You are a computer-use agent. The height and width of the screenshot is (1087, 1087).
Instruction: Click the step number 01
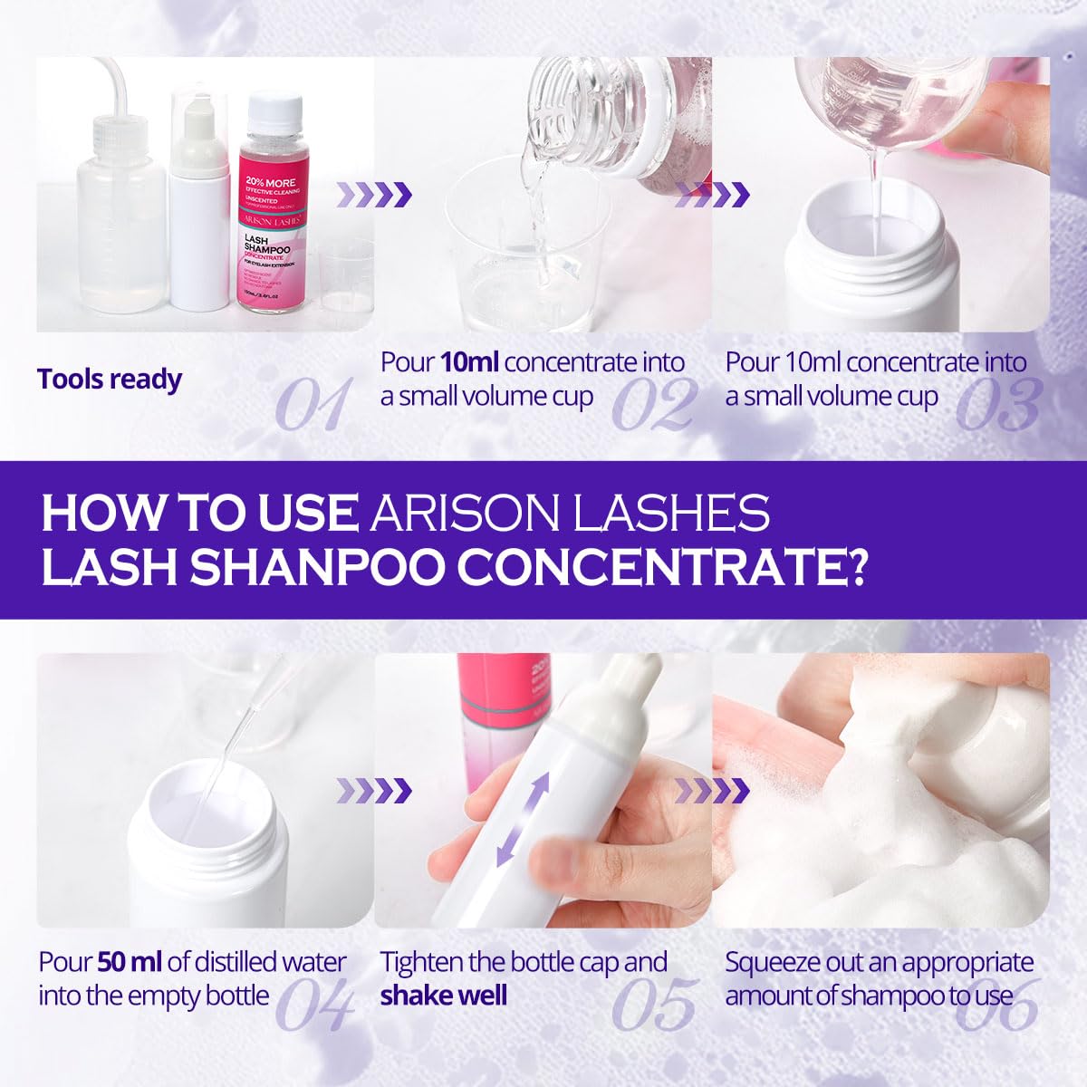[313, 404]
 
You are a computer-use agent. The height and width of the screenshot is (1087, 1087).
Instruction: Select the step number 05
[654, 1004]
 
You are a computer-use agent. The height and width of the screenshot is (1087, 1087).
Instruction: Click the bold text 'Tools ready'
[110, 379]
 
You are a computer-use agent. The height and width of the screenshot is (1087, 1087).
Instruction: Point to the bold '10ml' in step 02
[469, 362]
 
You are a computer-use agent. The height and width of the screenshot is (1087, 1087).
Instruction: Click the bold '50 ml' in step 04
[130, 962]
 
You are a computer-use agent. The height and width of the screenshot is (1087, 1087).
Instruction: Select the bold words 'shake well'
[444, 996]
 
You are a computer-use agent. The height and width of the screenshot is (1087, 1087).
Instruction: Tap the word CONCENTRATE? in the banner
[661, 566]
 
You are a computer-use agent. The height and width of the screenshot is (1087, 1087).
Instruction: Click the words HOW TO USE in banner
[199, 513]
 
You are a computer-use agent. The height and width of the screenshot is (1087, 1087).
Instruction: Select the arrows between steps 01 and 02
[374, 194]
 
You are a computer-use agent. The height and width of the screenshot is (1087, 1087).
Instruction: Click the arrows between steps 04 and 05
[374, 791]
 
